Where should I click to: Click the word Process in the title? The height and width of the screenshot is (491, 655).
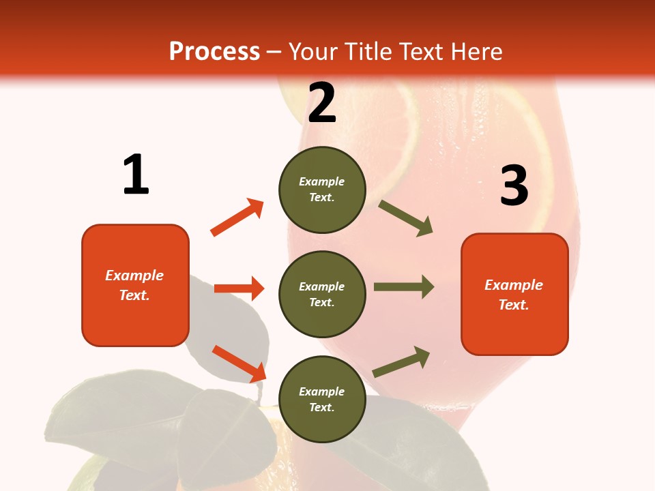point(214,52)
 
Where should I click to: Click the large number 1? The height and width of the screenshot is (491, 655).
point(136,175)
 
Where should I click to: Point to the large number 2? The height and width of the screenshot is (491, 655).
point(322,103)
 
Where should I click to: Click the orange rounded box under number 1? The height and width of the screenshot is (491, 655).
point(135,285)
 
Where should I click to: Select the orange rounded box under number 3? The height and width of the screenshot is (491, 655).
point(514,294)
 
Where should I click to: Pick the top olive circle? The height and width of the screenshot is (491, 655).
point(322,190)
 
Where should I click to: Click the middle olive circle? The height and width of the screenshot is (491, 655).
point(322,294)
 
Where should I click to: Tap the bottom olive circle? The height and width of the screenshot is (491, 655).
point(322,399)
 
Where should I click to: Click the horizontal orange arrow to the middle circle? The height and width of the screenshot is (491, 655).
point(239,288)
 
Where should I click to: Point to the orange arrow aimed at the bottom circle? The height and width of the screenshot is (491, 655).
point(239,363)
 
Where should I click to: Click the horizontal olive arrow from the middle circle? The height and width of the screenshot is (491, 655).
point(403,286)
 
